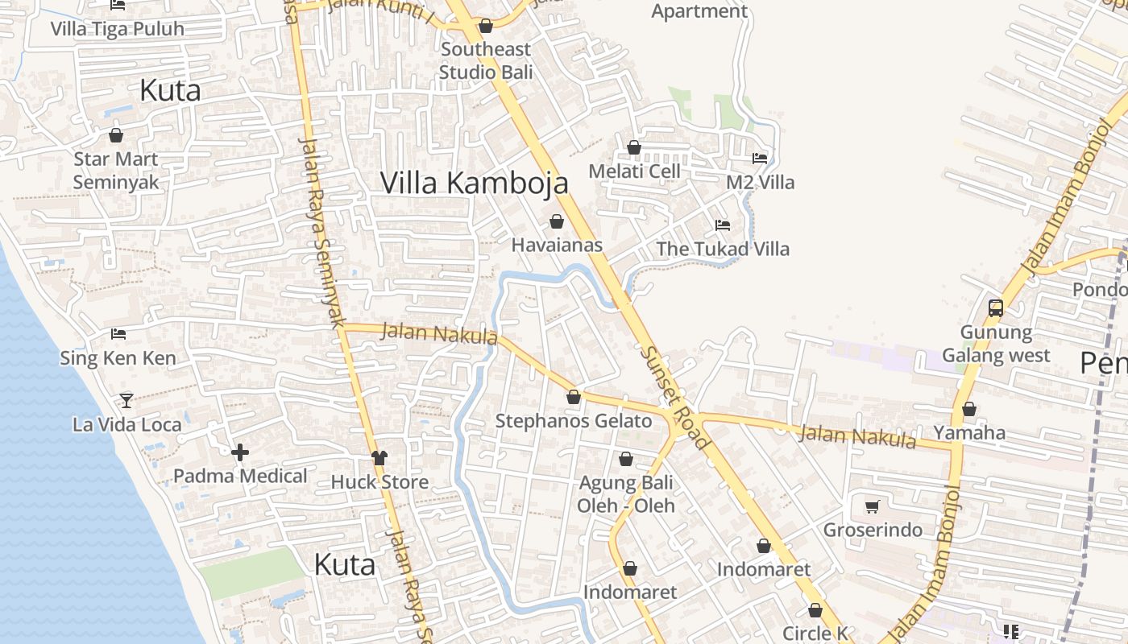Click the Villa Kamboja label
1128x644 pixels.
(474, 184)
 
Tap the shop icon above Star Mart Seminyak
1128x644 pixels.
(116, 135)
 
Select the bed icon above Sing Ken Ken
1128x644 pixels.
(118, 333)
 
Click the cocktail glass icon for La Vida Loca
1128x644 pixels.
(126, 400)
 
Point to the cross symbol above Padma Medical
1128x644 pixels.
(240, 452)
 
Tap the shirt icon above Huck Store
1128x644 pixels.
(379, 458)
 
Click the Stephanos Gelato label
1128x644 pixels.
(573, 421)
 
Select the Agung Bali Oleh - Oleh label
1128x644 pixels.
(626, 494)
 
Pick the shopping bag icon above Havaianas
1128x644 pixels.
(557, 221)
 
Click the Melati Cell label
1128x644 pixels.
(634, 171)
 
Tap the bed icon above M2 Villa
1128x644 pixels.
(760, 158)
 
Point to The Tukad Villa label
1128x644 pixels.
(723, 249)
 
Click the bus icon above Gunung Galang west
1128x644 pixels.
(996, 308)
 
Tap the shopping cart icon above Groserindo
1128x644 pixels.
(872, 506)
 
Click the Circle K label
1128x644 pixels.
(815, 634)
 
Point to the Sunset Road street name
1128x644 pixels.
(675, 398)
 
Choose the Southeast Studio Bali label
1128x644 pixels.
(486, 60)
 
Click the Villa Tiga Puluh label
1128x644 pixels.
(118, 29)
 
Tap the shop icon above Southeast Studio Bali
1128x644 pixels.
(486, 27)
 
